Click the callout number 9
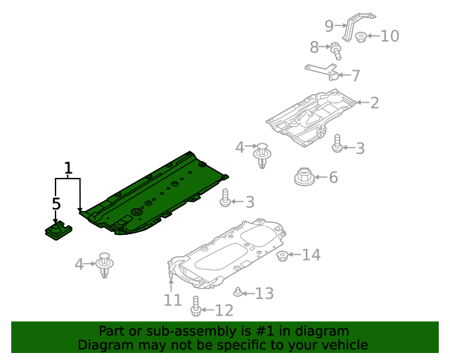click(329, 26)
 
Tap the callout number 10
click(390, 36)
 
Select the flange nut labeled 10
click(361, 37)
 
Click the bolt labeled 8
click(336, 51)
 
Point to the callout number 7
click(356, 76)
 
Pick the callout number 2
click(375, 103)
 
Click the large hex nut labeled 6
click(304, 176)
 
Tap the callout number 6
click(333, 177)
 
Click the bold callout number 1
click(68, 169)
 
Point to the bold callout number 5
click(56, 203)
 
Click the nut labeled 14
click(283, 255)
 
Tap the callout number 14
click(311, 255)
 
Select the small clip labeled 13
click(238, 292)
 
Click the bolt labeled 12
click(195, 307)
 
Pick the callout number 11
click(173, 300)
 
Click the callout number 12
click(224, 310)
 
